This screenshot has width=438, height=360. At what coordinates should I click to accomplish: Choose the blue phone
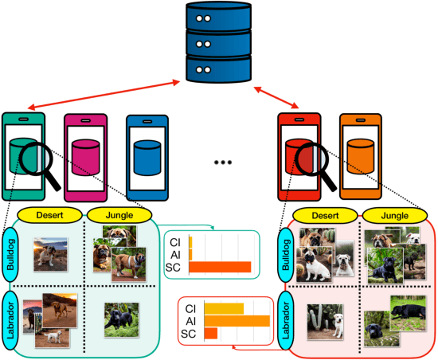[147, 156]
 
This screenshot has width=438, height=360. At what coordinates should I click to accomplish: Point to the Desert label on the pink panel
[326, 214]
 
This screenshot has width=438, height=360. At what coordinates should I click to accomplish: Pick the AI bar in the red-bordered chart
[237, 320]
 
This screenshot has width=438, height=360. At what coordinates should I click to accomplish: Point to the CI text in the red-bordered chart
[191, 308]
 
